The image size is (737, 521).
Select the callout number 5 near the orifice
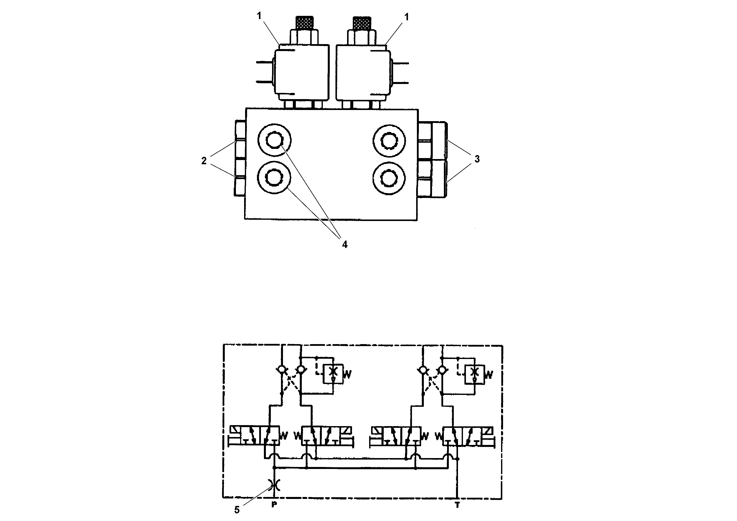point(237,510)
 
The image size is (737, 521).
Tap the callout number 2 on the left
point(204,161)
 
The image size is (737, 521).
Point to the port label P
point(274,505)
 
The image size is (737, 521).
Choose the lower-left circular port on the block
point(274,178)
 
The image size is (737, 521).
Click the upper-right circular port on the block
point(389,141)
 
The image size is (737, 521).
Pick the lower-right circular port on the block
point(389,178)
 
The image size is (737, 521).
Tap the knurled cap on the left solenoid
point(304,23)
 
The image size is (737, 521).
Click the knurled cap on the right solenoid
point(361,23)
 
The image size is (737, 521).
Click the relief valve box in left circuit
point(333,374)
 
